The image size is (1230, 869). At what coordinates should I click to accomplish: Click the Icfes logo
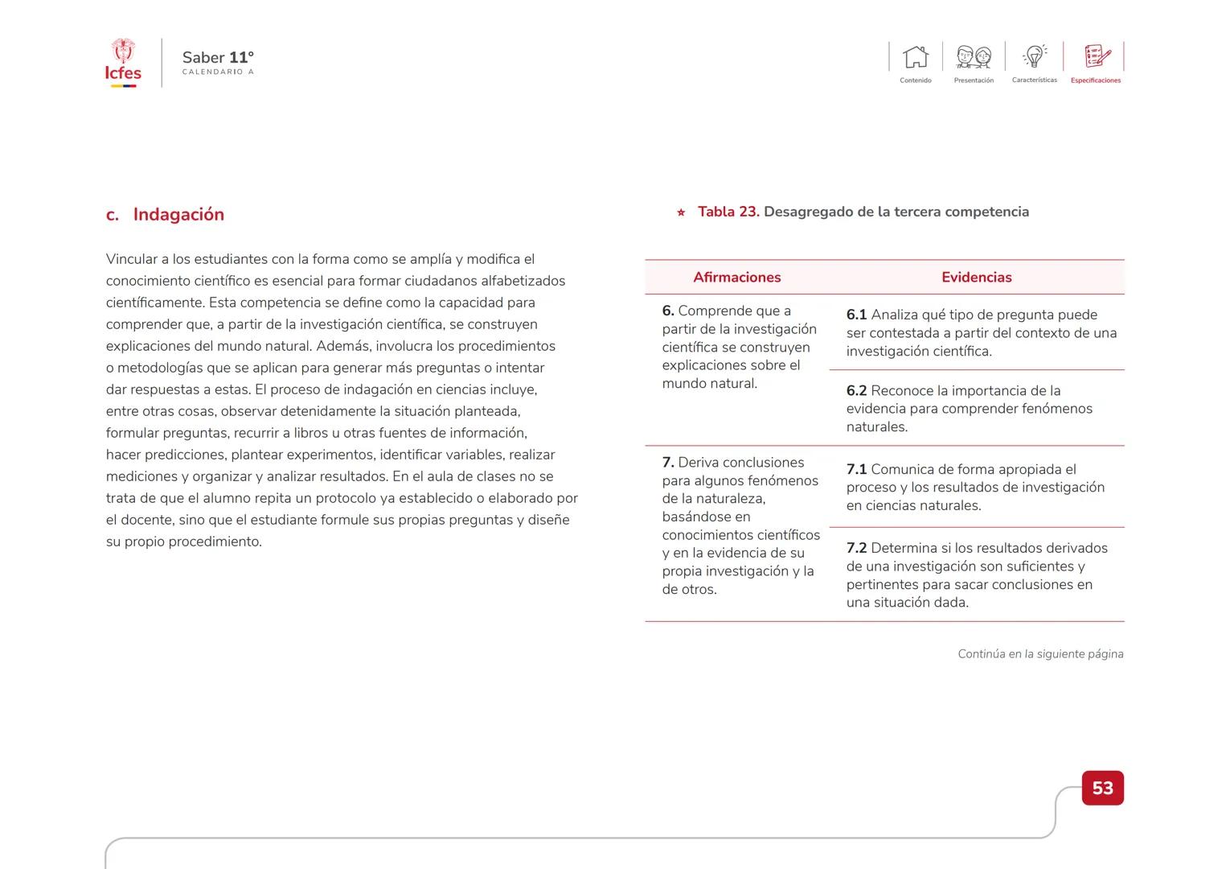(123, 63)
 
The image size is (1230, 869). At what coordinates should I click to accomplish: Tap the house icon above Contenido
(916, 57)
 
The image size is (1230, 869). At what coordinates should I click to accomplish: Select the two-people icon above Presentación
(974, 57)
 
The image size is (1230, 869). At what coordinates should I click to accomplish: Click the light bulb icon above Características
(1035, 56)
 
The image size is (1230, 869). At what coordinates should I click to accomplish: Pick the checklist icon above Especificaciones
(1097, 56)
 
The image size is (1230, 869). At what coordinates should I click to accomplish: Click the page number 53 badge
(1102, 788)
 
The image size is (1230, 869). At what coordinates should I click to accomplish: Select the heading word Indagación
(178, 215)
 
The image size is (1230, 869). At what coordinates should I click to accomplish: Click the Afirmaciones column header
(736, 278)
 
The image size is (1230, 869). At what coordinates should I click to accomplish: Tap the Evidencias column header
(976, 278)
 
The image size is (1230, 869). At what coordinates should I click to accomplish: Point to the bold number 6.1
(856, 315)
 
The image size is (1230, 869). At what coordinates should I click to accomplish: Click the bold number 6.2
(856, 391)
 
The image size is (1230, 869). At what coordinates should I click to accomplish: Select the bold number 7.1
(856, 470)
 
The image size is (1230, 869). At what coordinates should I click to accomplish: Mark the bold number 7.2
(856, 549)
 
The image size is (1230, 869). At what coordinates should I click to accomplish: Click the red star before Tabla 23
(681, 213)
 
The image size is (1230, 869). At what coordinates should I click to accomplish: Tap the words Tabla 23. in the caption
(728, 212)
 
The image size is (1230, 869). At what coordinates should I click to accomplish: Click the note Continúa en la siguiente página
(1040, 654)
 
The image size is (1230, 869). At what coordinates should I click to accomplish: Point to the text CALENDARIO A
(218, 72)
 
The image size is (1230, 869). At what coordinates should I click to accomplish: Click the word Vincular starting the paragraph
(131, 260)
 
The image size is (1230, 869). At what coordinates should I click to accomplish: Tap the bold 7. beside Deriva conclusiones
(668, 463)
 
